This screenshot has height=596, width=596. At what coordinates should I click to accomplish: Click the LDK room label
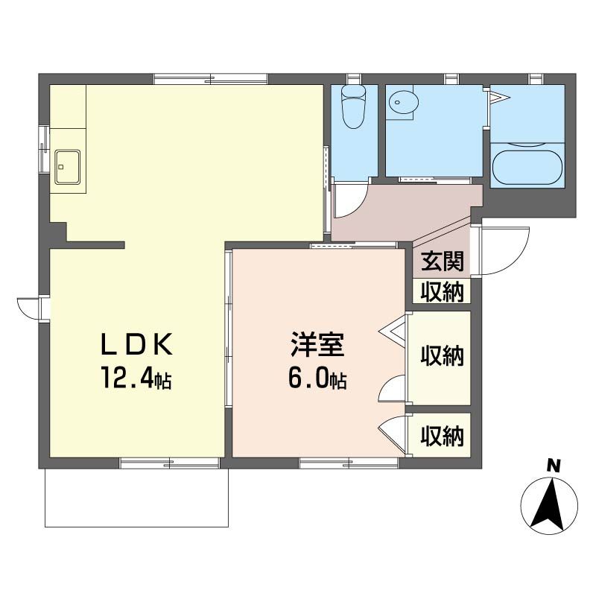[x=137, y=344]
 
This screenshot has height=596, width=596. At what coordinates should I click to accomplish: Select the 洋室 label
[x=318, y=344]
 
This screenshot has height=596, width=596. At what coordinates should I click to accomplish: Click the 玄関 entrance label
[x=443, y=261]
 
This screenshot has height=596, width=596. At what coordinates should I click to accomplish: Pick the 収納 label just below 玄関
[x=443, y=292]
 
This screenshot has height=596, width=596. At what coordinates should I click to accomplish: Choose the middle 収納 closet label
[x=443, y=356]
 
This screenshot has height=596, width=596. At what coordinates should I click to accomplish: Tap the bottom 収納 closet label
[x=443, y=436]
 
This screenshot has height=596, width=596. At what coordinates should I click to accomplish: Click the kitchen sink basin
[x=68, y=167]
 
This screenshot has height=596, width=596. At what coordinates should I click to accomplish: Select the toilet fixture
[x=353, y=107]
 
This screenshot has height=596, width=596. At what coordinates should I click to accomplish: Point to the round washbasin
[x=403, y=102]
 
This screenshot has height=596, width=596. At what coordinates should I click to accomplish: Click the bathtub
[x=527, y=168]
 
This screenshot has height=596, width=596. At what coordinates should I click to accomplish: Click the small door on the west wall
[x=28, y=308]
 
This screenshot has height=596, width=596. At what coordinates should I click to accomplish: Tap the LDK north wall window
[x=211, y=79]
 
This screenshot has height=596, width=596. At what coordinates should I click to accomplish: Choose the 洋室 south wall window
[x=349, y=463]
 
